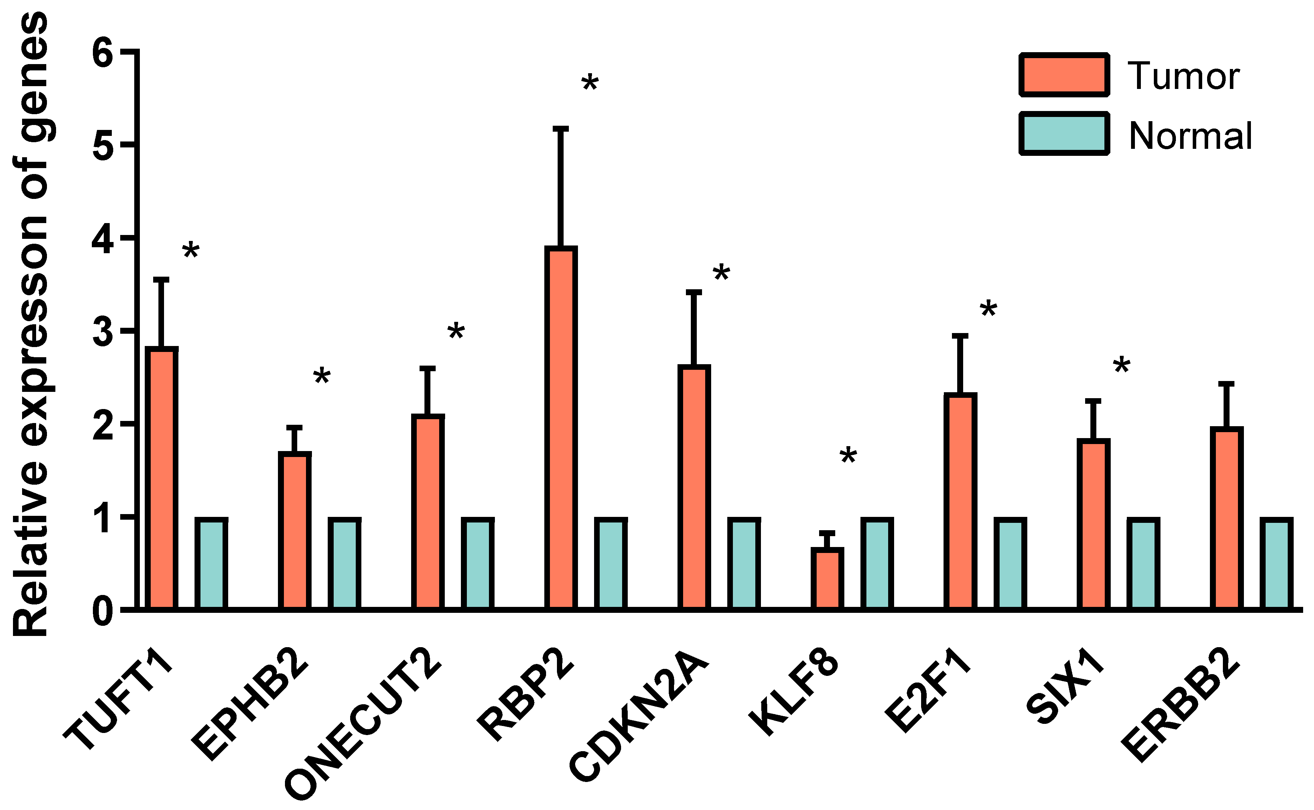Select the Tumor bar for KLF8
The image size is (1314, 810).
(x=827, y=578)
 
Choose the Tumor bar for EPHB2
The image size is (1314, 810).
(x=294, y=530)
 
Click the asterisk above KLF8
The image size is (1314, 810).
(x=848, y=456)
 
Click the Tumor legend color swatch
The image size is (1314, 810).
(x=1064, y=75)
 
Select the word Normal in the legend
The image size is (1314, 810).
(x=1190, y=136)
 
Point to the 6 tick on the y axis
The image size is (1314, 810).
(x=103, y=53)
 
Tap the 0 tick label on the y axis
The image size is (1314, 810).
(x=103, y=611)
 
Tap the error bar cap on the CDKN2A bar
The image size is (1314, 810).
(x=694, y=292)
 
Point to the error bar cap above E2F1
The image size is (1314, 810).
(x=960, y=336)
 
